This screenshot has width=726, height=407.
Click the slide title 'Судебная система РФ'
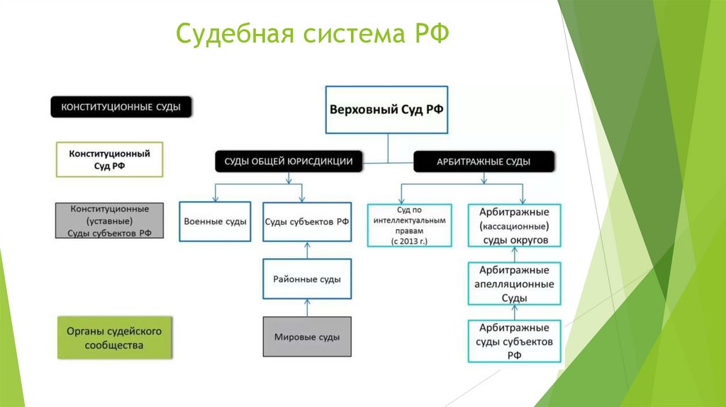[x=312, y=33]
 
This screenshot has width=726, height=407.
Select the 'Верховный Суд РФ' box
[x=386, y=110]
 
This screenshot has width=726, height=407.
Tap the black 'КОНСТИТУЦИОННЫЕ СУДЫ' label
[x=121, y=107]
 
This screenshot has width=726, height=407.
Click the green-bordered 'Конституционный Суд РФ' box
[x=109, y=160]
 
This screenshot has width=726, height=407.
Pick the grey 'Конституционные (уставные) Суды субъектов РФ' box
[x=109, y=221]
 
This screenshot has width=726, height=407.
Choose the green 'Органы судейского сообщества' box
[x=113, y=338]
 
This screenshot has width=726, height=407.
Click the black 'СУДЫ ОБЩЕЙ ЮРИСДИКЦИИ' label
[x=289, y=162]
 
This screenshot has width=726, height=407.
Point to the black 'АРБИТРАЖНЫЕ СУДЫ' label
[x=484, y=162]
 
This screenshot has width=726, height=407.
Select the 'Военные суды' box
[x=215, y=221]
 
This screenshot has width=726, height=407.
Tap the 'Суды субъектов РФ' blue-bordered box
[x=307, y=221]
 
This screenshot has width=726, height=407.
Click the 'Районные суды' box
[x=307, y=279]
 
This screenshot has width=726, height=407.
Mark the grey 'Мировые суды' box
[x=307, y=338]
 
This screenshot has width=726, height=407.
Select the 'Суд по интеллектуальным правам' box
[x=410, y=225]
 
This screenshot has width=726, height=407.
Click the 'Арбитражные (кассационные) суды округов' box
[x=514, y=225]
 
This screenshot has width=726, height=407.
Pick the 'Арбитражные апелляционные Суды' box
[x=514, y=284]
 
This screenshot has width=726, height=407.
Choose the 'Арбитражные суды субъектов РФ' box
[x=514, y=341]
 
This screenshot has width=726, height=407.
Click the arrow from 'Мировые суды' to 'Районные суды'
[x=307, y=308]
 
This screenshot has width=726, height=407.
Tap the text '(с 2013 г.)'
[x=410, y=242]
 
